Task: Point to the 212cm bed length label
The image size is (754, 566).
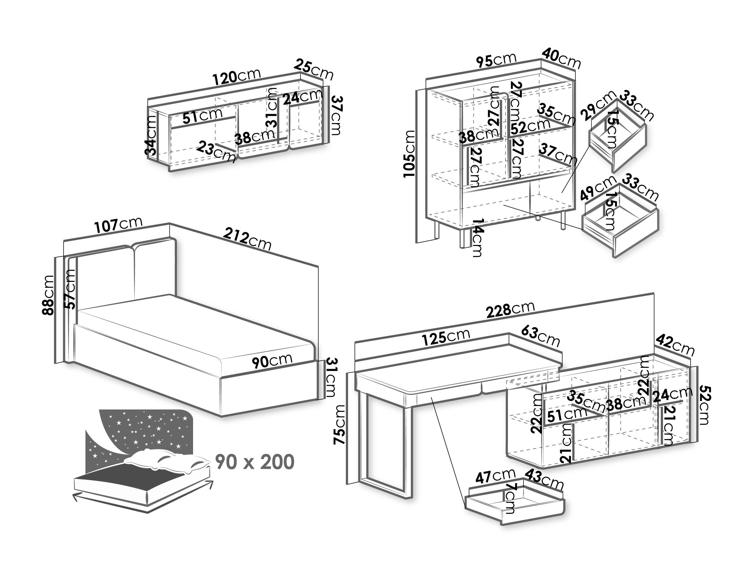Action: coord(247,239)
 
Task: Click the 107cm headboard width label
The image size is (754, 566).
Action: coord(118,225)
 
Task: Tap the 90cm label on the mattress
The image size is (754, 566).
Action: coord(272,361)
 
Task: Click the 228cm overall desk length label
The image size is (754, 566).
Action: coord(510,309)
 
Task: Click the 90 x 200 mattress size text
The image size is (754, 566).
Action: coord(255,462)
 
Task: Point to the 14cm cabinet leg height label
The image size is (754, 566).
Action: coord(476,238)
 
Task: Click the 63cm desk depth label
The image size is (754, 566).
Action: coord(540,336)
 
